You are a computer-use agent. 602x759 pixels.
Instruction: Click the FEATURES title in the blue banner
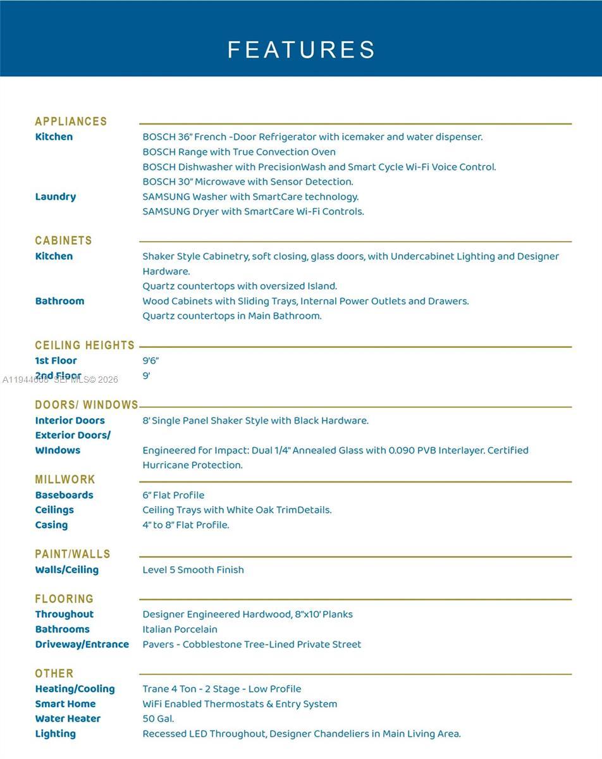click(301, 49)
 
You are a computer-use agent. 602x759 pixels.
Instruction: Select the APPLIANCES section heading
click(71, 121)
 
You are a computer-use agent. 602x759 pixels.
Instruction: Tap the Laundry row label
click(56, 197)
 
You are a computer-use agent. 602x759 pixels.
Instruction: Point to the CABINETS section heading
click(63, 240)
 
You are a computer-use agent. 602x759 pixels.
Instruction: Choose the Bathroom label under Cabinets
click(59, 301)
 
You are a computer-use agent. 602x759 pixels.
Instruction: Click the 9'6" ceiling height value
click(150, 361)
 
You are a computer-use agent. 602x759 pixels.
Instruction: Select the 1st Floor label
click(56, 361)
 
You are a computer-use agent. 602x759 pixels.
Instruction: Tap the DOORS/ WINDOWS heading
click(87, 405)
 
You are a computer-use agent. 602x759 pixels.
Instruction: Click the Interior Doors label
click(70, 421)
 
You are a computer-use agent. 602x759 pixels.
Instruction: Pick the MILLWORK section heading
click(65, 479)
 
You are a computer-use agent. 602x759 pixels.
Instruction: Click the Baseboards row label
click(64, 495)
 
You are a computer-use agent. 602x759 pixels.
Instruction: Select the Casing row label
click(51, 525)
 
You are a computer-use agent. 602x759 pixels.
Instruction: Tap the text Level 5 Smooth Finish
click(193, 570)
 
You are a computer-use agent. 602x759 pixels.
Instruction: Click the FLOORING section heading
click(64, 598)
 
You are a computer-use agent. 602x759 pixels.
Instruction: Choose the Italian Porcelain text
click(180, 629)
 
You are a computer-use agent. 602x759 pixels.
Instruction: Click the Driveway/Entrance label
click(82, 645)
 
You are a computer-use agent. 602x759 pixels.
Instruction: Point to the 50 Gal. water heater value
click(158, 719)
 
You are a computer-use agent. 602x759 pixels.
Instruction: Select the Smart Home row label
click(65, 704)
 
